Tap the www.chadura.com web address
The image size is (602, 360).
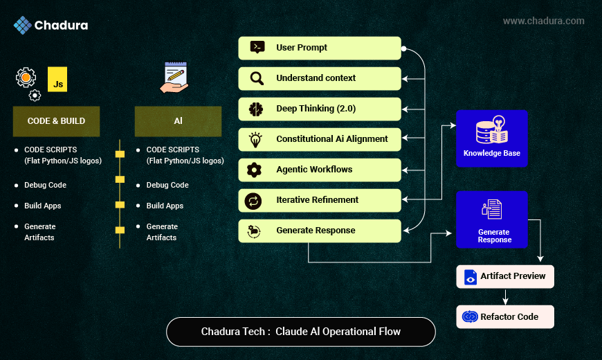point(543,21)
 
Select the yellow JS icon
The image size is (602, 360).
point(58,80)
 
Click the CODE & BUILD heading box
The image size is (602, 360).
point(56,121)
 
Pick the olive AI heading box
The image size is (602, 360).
point(178,121)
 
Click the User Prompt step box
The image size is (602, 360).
point(320,48)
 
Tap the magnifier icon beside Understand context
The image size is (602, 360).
point(257,78)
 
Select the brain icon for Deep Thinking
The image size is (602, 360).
point(256,109)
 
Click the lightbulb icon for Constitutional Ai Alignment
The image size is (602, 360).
point(256,139)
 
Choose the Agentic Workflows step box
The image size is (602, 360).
point(320,170)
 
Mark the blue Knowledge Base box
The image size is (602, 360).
point(491,138)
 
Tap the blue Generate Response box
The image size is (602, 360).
point(491,219)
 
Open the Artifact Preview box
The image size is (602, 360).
point(505,276)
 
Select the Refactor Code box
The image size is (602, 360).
point(505,316)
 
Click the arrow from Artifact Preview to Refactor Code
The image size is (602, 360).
point(506,296)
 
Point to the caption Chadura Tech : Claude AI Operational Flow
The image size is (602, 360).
point(300,331)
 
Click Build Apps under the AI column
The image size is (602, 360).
point(165,206)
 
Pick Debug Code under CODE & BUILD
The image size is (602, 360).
point(45,185)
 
